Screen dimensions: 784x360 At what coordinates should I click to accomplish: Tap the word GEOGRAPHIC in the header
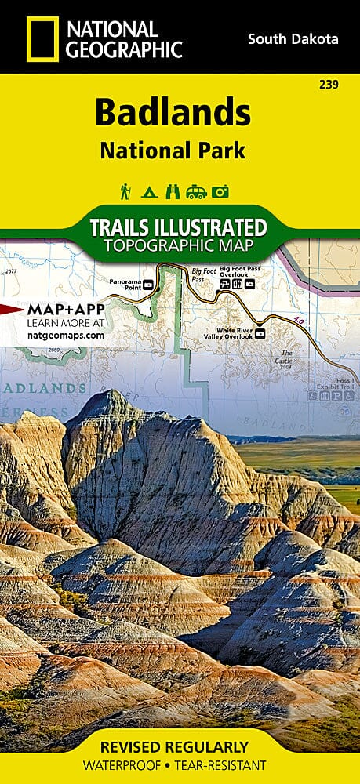(x=125, y=49)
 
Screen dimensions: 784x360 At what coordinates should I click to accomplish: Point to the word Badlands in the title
(x=173, y=113)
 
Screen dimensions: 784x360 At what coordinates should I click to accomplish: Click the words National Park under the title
(x=173, y=149)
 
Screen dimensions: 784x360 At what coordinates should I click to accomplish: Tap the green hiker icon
(x=125, y=191)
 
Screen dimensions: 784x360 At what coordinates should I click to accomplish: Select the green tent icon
(x=148, y=191)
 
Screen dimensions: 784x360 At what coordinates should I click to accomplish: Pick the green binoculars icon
(x=173, y=191)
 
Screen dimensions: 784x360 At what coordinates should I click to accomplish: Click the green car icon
(x=197, y=191)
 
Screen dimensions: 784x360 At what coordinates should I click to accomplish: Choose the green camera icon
(x=220, y=191)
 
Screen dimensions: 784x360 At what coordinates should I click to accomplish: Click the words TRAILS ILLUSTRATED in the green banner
(x=178, y=227)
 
